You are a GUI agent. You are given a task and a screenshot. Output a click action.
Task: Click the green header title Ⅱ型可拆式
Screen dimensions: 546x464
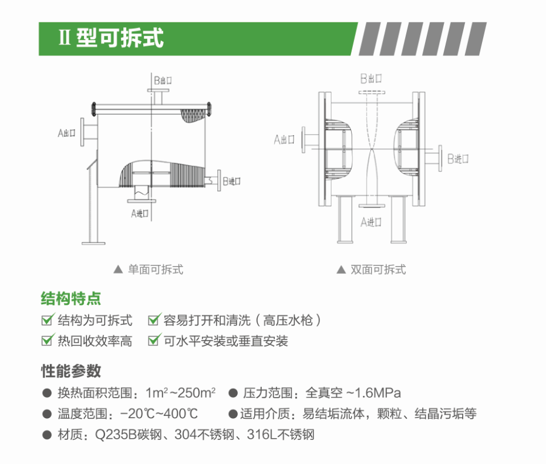[x=111, y=38]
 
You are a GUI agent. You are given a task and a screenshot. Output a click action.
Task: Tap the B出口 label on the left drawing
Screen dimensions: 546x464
[x=163, y=80]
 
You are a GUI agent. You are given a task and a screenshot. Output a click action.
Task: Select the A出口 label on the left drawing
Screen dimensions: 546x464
[x=66, y=133]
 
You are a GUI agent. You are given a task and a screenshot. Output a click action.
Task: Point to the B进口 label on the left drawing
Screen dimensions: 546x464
[x=231, y=181]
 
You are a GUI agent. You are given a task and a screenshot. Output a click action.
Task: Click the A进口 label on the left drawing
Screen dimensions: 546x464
[x=140, y=213]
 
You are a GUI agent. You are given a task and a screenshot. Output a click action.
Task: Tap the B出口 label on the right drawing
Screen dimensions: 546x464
[x=371, y=78]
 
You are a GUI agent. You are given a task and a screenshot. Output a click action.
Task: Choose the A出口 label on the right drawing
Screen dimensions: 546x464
[x=284, y=140]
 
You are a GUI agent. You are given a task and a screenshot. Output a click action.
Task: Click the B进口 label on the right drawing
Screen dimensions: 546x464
[x=458, y=159]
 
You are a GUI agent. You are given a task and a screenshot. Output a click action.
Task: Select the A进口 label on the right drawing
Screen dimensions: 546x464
[x=371, y=222]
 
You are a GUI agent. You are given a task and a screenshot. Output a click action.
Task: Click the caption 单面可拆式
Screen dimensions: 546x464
[x=156, y=269]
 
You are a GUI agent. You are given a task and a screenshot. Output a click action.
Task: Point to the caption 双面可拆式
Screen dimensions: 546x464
[x=378, y=269]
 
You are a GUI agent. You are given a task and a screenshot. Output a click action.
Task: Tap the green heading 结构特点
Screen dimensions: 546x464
[x=71, y=298]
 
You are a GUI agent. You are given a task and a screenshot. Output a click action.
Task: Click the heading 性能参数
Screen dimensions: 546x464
[x=71, y=371]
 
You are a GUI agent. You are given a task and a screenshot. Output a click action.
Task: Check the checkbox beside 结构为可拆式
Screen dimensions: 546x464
[x=48, y=320]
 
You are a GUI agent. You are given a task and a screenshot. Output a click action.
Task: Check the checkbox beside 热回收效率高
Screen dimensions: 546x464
[x=48, y=340]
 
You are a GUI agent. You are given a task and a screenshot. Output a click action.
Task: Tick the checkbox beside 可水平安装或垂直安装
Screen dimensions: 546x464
[x=154, y=340]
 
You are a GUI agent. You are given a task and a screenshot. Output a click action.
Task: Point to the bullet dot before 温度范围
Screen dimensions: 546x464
[x=47, y=414]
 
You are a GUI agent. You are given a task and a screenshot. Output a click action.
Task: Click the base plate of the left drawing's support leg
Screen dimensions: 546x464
[x=93, y=243]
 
